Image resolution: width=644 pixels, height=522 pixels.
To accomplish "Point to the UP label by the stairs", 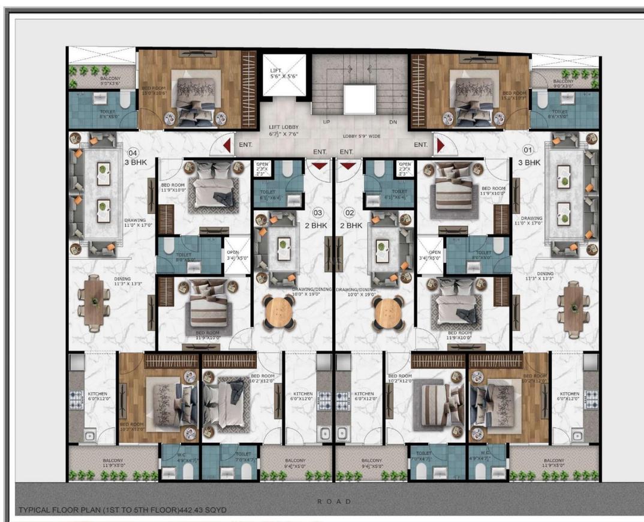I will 327,122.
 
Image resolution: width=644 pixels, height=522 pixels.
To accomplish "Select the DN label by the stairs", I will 393,122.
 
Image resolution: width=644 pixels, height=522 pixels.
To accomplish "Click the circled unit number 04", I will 133,153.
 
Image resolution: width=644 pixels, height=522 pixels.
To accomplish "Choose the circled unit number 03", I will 318,213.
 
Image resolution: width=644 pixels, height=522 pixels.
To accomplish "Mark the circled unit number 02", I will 351,213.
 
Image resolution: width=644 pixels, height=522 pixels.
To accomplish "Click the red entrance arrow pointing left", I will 227,145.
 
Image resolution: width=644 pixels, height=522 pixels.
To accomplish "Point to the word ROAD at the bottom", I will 335,501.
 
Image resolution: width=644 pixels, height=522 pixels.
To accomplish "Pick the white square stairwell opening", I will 359,100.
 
